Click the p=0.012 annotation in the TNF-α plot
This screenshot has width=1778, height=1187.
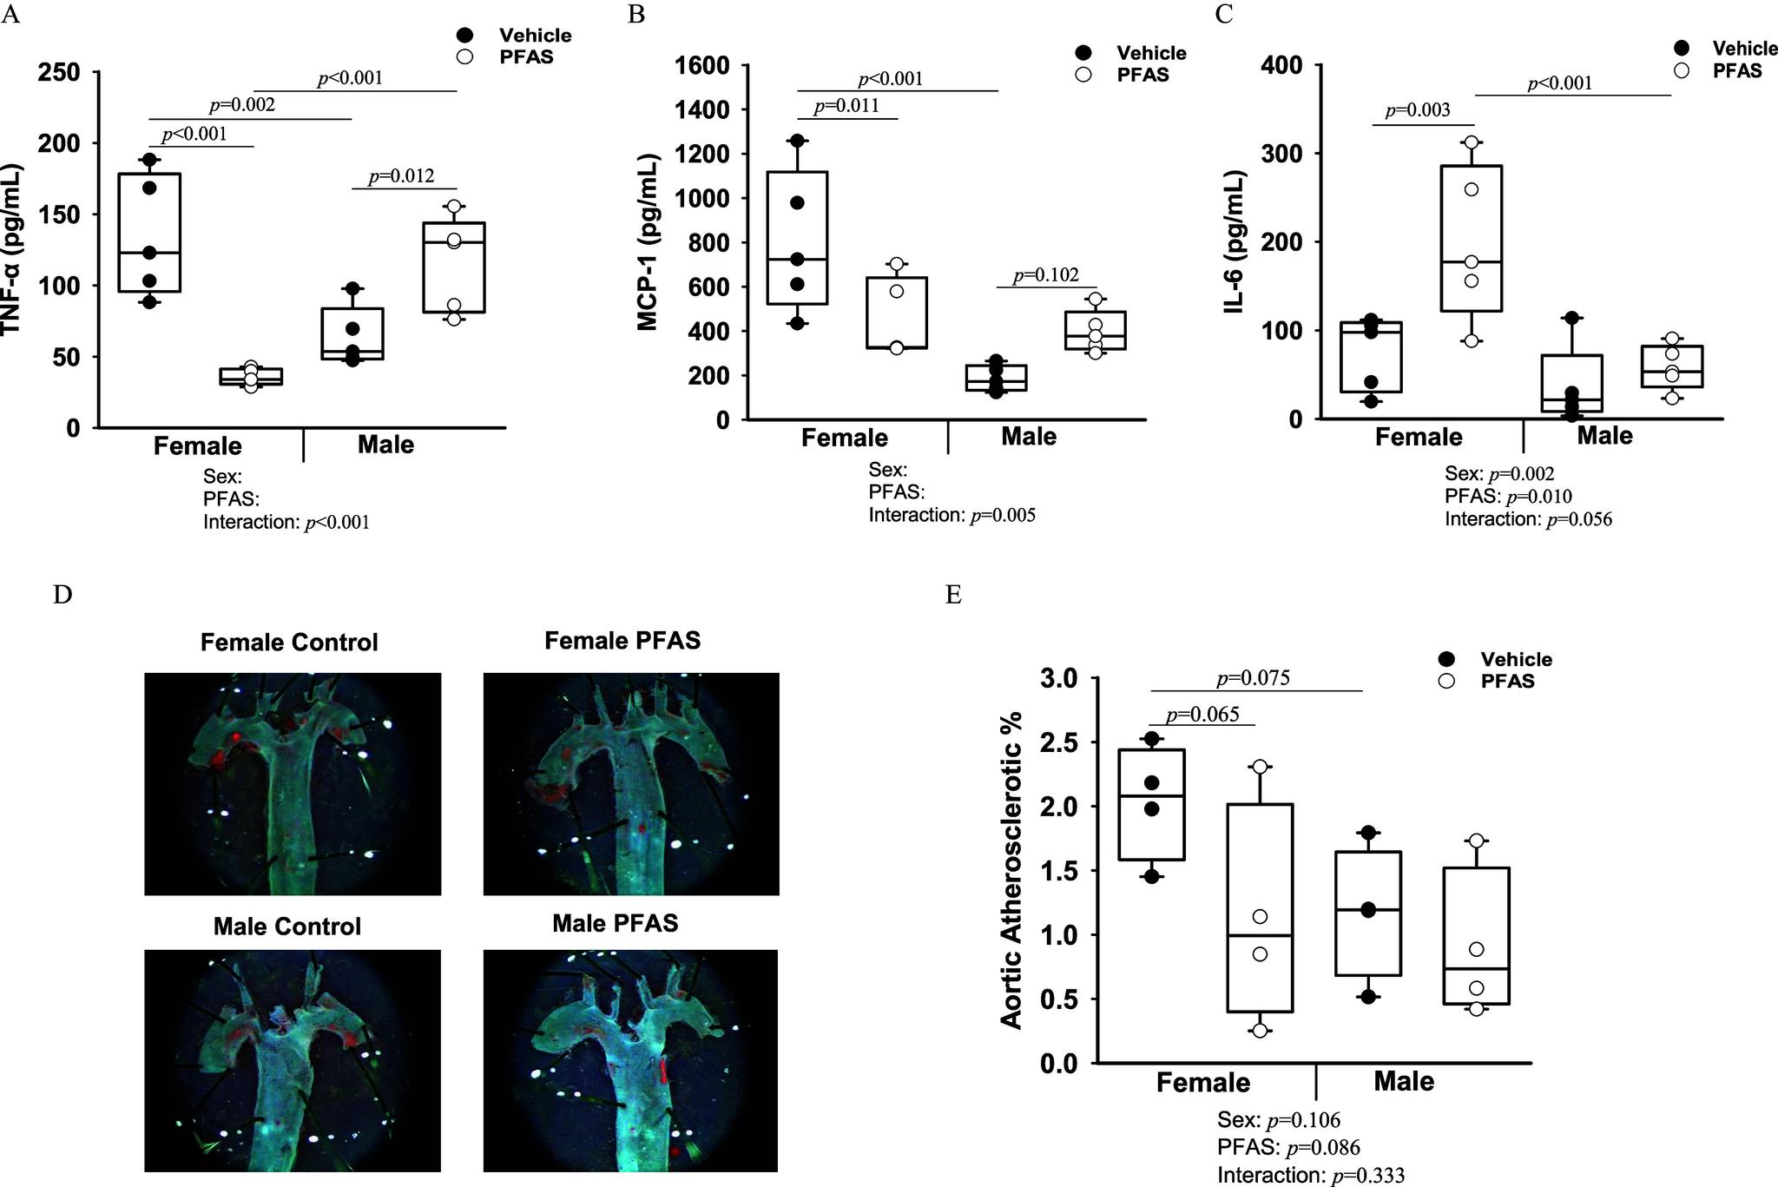pos(401,176)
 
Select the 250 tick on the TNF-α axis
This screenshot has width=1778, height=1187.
pos(60,72)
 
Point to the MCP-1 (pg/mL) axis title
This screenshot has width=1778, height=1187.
pos(648,242)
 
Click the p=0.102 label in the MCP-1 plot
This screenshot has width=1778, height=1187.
pos(1046,275)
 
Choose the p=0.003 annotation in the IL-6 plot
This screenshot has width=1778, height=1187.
pos(1417,111)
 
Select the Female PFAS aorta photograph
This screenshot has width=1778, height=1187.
pos(631,783)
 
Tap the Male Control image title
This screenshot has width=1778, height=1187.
pos(287,927)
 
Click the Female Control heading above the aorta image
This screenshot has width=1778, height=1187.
pos(289,643)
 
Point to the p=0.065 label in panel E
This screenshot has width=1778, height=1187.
pos(1202,715)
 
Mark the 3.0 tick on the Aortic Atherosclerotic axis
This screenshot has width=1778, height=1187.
pos(1058,678)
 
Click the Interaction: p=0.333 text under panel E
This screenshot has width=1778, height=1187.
pos(1310,1175)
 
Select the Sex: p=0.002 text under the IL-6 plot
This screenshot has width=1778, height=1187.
pos(1499,473)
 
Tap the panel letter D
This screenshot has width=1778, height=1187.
pos(62,595)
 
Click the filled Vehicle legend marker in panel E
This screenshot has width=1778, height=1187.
pos(1446,659)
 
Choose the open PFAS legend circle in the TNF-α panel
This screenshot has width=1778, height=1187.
pos(465,56)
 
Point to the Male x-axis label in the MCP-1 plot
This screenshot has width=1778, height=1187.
pos(1029,436)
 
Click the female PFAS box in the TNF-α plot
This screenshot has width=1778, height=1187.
pos(251,376)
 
